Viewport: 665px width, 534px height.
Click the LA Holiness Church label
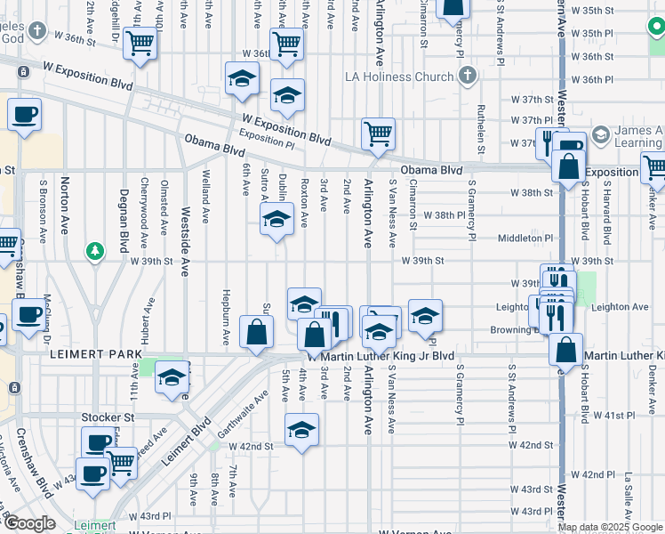(400, 77)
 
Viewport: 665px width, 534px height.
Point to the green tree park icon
(94, 252)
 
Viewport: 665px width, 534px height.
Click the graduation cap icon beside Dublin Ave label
(276, 220)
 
